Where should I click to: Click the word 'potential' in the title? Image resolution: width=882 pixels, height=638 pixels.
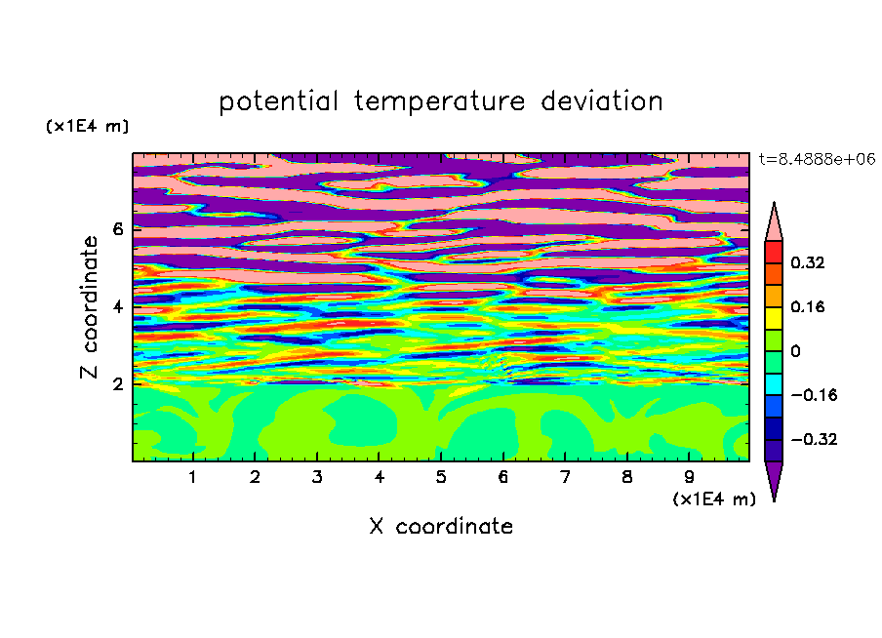pyautogui.click(x=278, y=102)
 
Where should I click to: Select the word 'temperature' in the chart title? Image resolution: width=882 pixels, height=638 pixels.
pyautogui.click(x=439, y=101)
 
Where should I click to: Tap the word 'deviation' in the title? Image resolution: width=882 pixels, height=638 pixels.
pyautogui.click(x=601, y=101)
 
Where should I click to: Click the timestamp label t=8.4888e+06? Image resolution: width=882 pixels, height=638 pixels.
pyautogui.click(x=817, y=159)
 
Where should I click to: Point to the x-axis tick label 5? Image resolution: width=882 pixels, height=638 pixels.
pyautogui.click(x=441, y=477)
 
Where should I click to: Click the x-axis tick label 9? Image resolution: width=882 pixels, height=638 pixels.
pyautogui.click(x=689, y=477)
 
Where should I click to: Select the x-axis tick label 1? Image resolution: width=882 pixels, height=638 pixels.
pyautogui.click(x=193, y=477)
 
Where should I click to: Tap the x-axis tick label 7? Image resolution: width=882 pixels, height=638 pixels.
pyautogui.click(x=565, y=477)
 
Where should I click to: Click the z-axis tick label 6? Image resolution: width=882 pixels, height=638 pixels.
pyautogui.click(x=117, y=229)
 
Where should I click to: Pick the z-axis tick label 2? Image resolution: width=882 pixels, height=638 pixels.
pyautogui.click(x=117, y=384)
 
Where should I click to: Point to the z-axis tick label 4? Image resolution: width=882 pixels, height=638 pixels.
pyautogui.click(x=117, y=306)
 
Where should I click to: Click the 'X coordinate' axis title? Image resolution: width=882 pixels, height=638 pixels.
pyautogui.click(x=441, y=526)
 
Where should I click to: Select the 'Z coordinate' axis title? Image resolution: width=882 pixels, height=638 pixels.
pyautogui.click(x=89, y=307)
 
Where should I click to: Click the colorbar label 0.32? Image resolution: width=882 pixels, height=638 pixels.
pyautogui.click(x=807, y=262)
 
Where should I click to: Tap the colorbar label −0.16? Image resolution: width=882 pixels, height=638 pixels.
pyautogui.click(x=814, y=395)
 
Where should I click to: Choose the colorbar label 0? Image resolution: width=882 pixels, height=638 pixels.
pyautogui.click(x=795, y=351)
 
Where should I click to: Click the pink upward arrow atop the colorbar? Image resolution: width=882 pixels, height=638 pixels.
pyautogui.click(x=774, y=222)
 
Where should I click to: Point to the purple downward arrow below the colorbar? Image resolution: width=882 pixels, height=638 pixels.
pyautogui.click(x=774, y=479)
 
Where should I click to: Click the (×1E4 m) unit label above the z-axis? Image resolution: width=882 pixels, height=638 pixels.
pyautogui.click(x=87, y=126)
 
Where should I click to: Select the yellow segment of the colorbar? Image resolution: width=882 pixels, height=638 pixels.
pyautogui.click(x=774, y=318)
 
